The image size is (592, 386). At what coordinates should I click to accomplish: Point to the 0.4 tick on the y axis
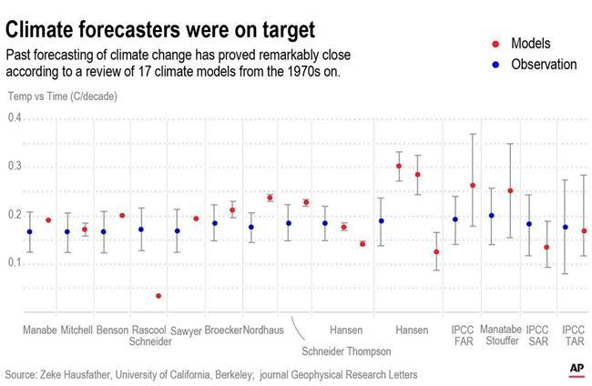pos(14,118)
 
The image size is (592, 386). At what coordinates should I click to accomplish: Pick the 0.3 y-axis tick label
pos(14,167)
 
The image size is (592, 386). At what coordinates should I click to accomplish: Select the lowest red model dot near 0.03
pos(158,296)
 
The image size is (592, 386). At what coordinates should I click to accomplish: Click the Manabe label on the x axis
pos(39,330)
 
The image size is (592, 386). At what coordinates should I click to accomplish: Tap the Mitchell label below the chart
pos(77,330)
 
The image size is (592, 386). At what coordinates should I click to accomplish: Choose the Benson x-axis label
pos(112,330)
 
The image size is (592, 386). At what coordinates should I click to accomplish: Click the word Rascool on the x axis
pos(148,330)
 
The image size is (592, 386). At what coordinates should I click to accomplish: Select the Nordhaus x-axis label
pos(262,330)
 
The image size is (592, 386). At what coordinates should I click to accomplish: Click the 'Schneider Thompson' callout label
pos(347,351)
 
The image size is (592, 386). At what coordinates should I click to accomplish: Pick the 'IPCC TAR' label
pos(573,335)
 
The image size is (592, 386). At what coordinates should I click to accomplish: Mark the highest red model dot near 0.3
pos(399,166)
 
